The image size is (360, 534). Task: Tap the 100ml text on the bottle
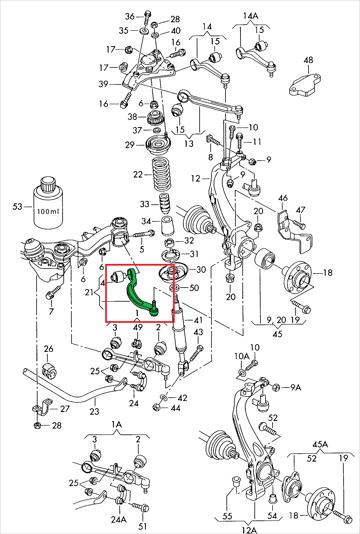tap(48, 211)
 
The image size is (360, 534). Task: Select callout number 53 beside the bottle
tap(18, 206)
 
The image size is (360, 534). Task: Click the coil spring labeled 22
tap(162, 175)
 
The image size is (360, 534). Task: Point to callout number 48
tap(308, 60)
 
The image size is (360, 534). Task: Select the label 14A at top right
tap(251, 16)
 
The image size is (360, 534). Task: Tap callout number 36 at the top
tap(129, 16)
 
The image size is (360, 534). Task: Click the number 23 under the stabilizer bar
tap(94, 411)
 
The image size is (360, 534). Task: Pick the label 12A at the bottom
tap(249, 529)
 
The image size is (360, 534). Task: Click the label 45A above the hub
tap(320, 444)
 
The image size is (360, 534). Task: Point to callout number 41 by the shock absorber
tap(198, 320)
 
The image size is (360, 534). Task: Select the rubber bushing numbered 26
tap(49, 371)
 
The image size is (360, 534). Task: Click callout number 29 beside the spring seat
tap(130, 145)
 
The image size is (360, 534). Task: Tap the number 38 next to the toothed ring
tap(132, 117)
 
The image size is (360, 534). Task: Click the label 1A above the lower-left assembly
tap(116, 424)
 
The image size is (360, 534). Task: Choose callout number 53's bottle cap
tap(48, 184)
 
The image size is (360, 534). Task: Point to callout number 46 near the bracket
tap(283, 198)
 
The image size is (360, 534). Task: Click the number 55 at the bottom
tap(227, 516)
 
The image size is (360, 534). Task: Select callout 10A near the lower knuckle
tap(241, 356)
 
